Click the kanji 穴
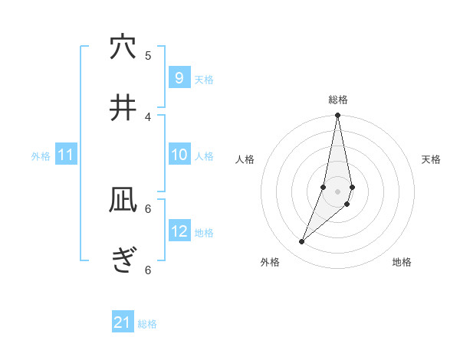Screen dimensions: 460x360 pos(123,47)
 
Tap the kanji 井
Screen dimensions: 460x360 pos(123,108)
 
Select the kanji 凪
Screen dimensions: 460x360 pos(123,200)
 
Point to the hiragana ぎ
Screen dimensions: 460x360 pos(123,261)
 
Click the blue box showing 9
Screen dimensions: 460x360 pos(179,78)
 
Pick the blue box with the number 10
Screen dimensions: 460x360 pos(179,155)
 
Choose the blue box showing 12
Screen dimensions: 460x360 pos(179,231)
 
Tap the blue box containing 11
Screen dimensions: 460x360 pos(66,155)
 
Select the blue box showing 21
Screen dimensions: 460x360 pos(123,322)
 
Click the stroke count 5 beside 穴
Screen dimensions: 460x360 pos(148,55)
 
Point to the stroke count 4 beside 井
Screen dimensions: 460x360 pos(148,116)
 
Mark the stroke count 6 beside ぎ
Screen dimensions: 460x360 pos(148,270)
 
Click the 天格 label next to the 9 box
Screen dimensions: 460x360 pos(204,79)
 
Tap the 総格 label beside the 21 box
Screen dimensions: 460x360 pos(147,324)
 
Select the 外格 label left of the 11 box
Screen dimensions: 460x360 pos(41,156)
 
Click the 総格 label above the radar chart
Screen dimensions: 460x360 pos(338,100)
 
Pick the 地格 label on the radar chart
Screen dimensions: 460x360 pos(402,262)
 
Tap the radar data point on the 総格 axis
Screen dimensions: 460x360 pos(338,116)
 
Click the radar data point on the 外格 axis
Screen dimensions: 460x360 pos(302,242)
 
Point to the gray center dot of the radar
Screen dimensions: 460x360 pos(338,191)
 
